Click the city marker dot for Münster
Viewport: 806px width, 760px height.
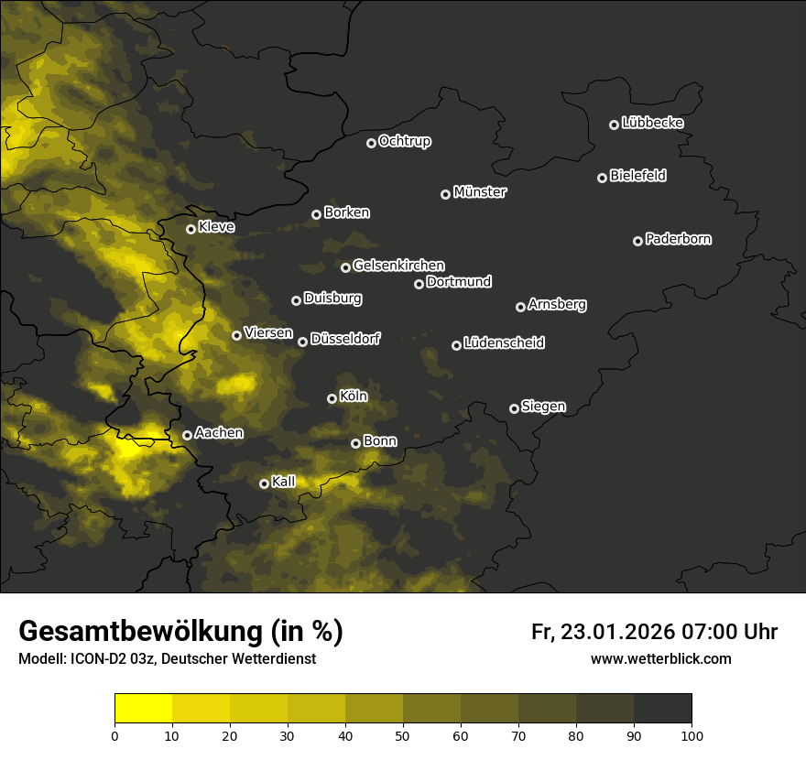coord(446,194)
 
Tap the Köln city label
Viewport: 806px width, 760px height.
coord(353,397)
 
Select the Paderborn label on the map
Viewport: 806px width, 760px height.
coord(678,239)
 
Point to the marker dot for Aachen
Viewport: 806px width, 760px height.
coord(188,435)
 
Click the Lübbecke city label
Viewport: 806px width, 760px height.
coord(652,123)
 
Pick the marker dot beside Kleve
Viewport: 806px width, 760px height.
coord(191,229)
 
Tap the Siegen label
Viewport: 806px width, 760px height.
coord(543,407)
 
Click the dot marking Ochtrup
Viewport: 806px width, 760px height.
coord(371,143)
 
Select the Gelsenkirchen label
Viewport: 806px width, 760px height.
coord(398,266)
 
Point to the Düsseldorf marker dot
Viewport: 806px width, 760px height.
coord(303,342)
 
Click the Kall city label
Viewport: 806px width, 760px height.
coord(284,482)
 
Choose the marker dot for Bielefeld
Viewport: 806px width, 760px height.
coord(603,178)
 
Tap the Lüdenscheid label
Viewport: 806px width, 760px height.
coord(504,343)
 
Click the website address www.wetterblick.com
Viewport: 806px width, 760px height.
coord(660,658)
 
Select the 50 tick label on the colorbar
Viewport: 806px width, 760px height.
coord(403,735)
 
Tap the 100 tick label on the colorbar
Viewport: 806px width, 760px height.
coord(692,735)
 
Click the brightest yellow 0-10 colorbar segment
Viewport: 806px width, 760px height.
coord(144,708)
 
